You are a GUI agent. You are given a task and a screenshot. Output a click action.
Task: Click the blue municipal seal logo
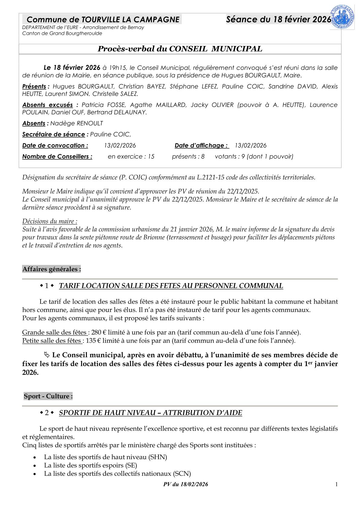(x=342, y=18)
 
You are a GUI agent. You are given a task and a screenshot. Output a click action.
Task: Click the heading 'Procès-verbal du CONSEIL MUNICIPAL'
(x=180, y=49)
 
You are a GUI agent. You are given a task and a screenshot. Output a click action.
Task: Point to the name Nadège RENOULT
(x=77, y=123)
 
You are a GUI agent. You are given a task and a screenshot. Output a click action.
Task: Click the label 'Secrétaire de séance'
(x=53, y=134)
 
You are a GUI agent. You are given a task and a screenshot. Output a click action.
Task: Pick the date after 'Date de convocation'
(x=120, y=145)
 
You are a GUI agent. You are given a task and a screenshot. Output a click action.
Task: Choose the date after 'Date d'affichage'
(x=250, y=145)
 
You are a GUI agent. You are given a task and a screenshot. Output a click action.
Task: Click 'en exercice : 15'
(x=131, y=157)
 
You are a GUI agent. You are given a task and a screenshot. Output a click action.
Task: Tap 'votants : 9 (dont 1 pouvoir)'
(x=254, y=157)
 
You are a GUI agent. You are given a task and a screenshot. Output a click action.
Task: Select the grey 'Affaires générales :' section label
(x=51, y=269)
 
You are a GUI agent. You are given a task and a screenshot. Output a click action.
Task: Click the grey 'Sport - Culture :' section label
(x=48, y=396)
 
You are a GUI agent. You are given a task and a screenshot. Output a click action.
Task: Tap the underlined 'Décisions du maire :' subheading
(x=50, y=221)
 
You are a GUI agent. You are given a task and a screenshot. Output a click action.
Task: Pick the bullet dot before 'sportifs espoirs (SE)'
(x=36, y=466)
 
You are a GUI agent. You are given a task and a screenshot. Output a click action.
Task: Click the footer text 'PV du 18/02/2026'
(x=185, y=484)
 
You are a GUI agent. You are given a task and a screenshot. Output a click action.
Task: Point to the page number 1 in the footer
(x=336, y=484)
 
